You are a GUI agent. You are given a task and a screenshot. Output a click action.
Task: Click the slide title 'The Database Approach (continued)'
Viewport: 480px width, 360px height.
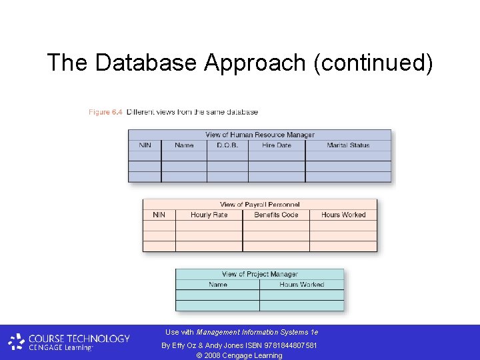click(240, 63)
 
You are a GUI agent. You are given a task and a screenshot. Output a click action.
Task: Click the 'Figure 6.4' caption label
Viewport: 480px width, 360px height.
click(105, 112)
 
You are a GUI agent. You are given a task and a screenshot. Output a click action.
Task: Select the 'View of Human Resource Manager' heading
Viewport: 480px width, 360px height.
click(259, 135)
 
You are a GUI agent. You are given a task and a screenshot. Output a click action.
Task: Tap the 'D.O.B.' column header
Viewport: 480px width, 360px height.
click(227, 145)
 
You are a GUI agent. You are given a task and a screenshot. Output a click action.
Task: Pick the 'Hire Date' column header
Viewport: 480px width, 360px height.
click(276, 145)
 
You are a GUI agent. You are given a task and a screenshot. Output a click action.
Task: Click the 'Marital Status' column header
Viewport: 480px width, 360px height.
click(348, 145)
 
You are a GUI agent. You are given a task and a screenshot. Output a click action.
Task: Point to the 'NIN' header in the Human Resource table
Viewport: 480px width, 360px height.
click(145, 145)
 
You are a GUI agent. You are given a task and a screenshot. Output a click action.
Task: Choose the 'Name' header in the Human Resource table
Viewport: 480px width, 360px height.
click(184, 145)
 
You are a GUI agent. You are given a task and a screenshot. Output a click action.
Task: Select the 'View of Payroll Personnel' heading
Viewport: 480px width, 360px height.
click(259, 205)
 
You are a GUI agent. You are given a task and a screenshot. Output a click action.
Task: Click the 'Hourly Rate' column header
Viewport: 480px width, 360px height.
click(209, 215)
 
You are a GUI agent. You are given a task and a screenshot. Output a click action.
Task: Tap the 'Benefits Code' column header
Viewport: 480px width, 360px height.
click(276, 215)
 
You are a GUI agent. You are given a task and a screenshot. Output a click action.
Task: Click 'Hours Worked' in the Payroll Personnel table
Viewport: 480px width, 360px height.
click(343, 215)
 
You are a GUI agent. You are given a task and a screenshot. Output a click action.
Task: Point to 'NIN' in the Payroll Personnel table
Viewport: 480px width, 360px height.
click(159, 215)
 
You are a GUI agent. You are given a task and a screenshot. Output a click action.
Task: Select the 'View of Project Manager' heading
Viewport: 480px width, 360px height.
click(259, 274)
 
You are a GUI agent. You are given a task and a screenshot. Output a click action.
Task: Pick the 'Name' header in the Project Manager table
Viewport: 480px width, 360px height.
click(217, 285)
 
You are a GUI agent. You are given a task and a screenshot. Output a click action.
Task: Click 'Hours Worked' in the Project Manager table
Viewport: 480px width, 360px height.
click(301, 285)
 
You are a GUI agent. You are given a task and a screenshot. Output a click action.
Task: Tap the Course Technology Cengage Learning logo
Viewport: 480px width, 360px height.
click(69, 342)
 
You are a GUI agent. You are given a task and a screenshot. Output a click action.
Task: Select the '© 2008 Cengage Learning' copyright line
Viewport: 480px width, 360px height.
click(239, 355)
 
